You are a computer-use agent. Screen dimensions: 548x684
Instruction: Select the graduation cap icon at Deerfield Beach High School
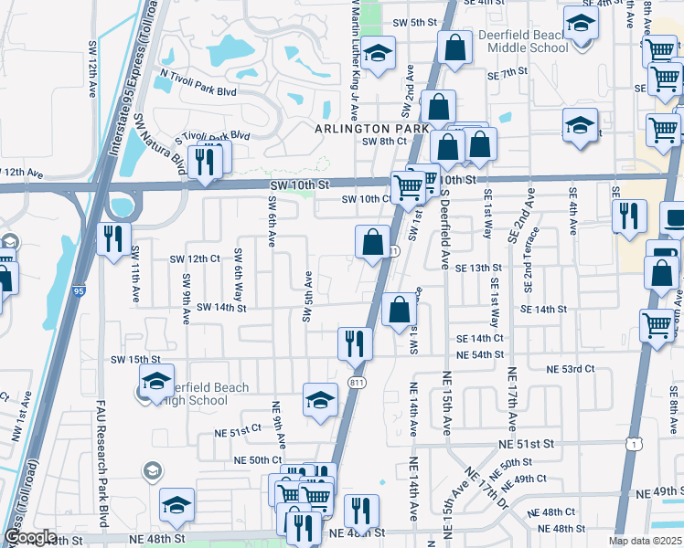pos(156,380)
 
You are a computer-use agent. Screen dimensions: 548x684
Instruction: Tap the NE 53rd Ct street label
pos(571,369)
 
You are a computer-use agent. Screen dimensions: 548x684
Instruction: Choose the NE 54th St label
pos(480,354)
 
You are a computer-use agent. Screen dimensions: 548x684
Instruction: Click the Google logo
pos(30,537)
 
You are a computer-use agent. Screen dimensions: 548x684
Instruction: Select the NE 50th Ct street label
pos(258,459)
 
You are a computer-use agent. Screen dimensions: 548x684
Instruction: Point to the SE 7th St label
pos(508,73)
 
